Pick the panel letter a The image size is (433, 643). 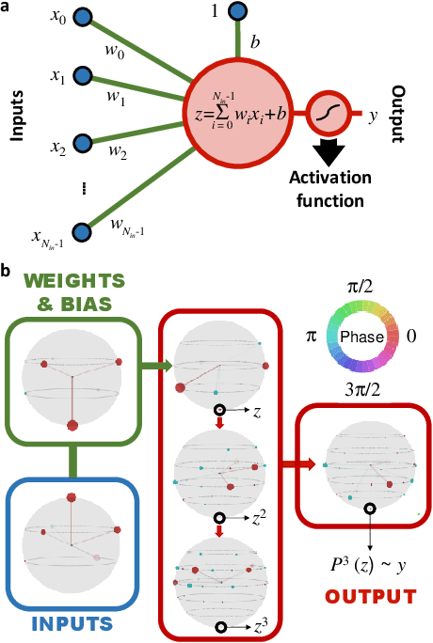(8, 8)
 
